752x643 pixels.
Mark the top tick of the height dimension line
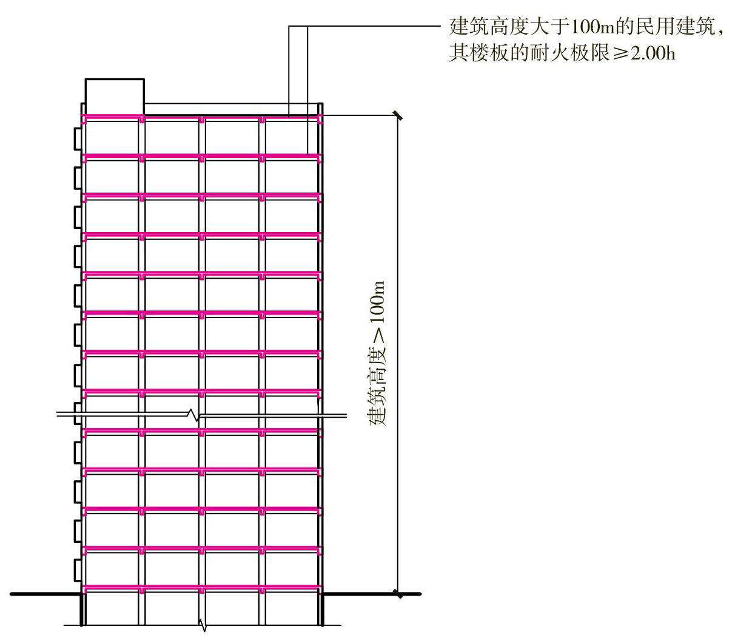[x=398, y=115]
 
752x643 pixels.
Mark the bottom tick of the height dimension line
[x=398, y=593]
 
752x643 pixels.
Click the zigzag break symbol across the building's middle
[x=194, y=416]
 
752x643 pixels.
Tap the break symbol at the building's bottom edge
[x=203, y=625]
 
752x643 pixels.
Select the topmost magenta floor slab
[x=202, y=117]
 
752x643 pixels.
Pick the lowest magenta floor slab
[x=202, y=587]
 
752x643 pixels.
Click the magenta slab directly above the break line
[x=202, y=391]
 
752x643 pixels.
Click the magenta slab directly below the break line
[x=202, y=431]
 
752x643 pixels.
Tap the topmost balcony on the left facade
[x=77, y=138]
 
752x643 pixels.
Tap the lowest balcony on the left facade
[x=77, y=570]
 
